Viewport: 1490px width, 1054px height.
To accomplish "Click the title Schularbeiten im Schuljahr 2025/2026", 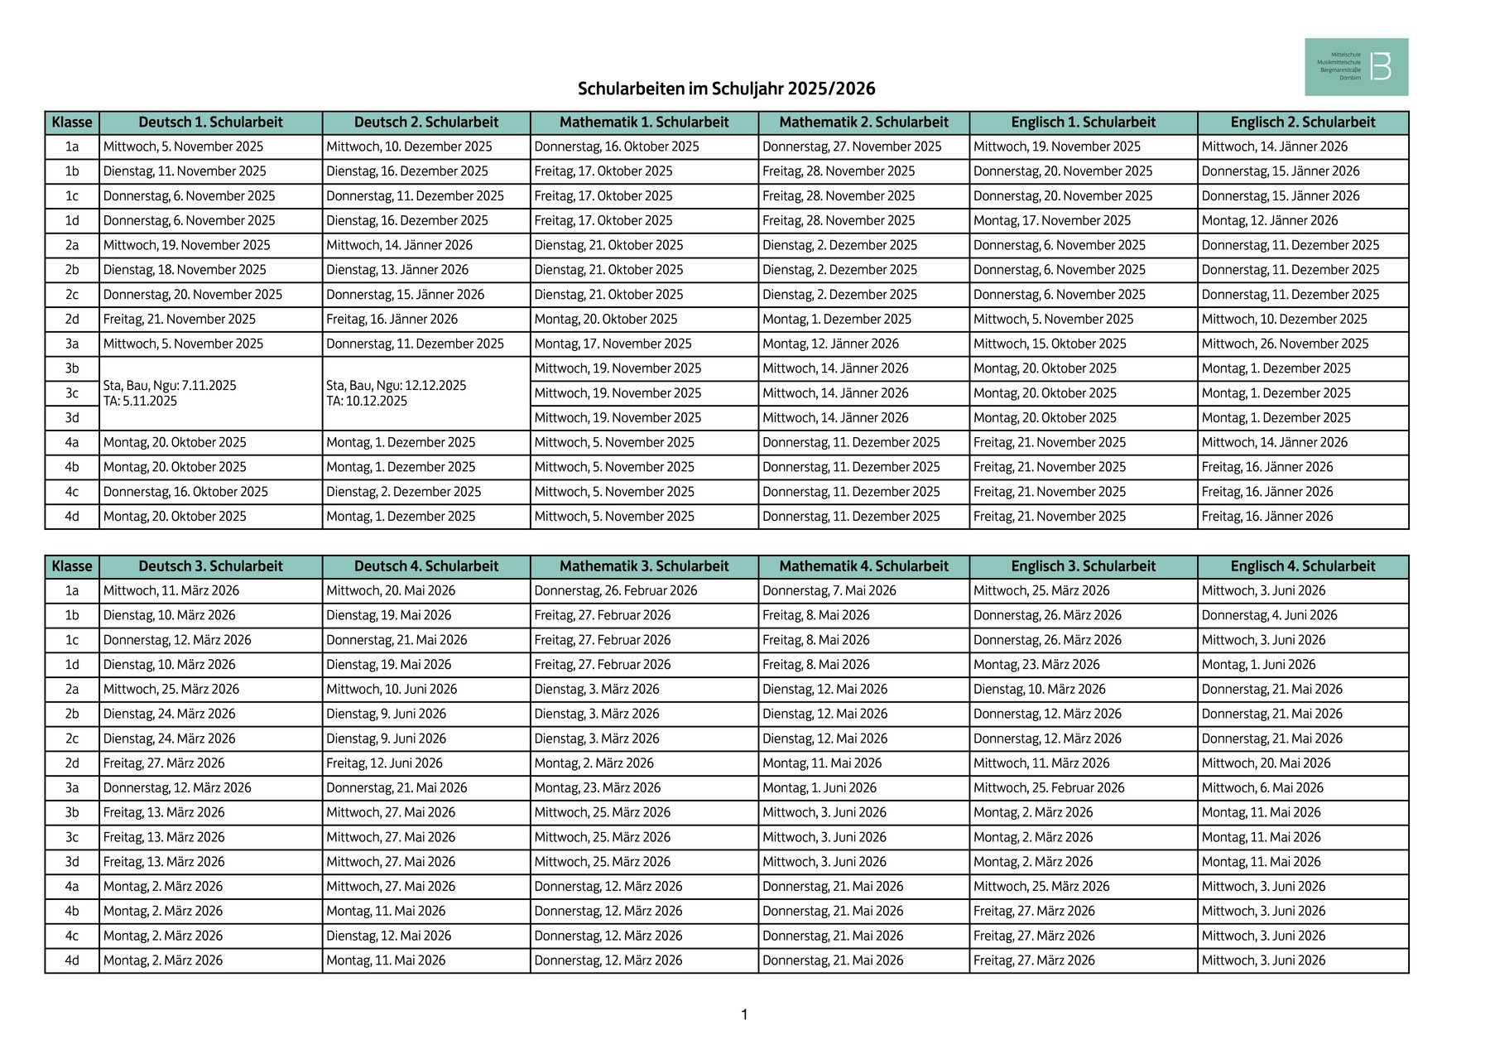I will [726, 89].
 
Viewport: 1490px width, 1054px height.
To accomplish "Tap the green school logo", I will [1356, 66].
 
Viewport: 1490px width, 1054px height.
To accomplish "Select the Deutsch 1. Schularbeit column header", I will [210, 123].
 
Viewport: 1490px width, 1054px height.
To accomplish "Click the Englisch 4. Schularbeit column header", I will [1302, 566].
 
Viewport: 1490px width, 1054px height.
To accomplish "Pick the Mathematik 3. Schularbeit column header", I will [644, 566].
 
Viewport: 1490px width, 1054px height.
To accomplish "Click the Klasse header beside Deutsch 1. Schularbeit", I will [72, 123].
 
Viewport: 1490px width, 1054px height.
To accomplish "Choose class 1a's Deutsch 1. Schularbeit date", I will [184, 147].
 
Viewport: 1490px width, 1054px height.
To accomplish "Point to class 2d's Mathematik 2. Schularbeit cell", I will [836, 320].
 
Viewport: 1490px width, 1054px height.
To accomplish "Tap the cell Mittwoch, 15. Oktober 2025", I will [1050, 344].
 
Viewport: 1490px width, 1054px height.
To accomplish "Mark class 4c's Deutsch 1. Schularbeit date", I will [185, 492].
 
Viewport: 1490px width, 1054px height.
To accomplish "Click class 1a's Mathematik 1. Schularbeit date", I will [617, 147].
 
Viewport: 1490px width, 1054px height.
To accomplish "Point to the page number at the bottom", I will [744, 1015].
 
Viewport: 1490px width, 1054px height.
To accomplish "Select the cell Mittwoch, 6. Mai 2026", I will [1262, 788].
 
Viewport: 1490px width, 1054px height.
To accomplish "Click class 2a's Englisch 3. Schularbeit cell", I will [1039, 690].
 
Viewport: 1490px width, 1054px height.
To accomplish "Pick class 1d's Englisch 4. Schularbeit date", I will [1258, 665].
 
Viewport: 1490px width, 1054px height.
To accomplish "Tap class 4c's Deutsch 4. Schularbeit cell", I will [388, 936].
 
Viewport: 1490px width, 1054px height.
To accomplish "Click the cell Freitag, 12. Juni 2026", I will [384, 763].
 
